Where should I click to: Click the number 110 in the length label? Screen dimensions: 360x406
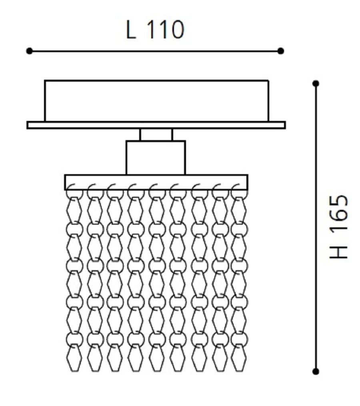click(166, 30)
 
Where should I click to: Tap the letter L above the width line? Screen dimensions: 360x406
click(131, 30)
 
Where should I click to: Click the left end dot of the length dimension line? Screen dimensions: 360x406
click(30, 51)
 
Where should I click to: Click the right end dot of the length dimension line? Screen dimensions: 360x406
click(281, 51)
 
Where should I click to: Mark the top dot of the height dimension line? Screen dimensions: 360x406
click(316, 83)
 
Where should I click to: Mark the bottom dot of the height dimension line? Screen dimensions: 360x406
click(316, 371)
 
